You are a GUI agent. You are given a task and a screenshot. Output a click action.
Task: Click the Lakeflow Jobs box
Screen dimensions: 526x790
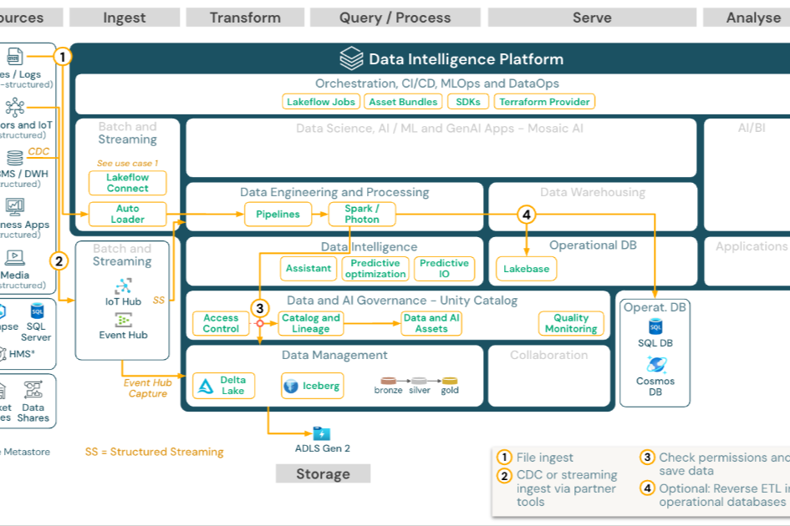[321, 102]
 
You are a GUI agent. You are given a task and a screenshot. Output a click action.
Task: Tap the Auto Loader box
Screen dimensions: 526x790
[128, 214]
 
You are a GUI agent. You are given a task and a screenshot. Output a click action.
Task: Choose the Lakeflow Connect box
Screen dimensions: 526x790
[128, 183]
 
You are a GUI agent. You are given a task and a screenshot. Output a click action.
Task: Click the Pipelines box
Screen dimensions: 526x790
[278, 214]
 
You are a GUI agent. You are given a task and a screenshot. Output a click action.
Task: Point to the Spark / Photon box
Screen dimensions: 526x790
[362, 214]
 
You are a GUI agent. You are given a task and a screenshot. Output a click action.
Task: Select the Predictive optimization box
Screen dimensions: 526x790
[375, 268]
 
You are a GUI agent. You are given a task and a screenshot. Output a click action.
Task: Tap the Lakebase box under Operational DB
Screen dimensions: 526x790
[527, 269]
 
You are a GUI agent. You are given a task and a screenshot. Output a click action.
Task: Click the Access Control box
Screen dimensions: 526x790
[221, 323]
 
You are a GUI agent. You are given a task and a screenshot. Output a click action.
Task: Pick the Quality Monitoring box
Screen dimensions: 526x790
[571, 323]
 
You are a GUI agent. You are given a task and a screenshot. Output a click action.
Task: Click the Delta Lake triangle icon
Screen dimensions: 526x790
[206, 386]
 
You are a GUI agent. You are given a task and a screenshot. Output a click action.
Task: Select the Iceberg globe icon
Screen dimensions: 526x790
[291, 386]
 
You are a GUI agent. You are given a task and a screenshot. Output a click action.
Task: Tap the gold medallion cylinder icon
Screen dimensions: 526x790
[450, 381]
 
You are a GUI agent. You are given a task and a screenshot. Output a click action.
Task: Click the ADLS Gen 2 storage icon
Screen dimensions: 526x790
[322, 432]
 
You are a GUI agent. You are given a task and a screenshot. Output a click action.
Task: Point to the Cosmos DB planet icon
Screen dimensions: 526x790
[655, 364]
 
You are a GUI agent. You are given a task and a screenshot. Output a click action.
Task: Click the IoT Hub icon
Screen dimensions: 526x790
[123, 286]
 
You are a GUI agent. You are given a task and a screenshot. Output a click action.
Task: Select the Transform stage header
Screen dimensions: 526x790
[245, 18]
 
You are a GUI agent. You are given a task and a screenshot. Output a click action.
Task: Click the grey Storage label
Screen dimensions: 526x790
[323, 473]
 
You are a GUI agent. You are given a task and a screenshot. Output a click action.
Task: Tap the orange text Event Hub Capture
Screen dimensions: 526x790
[148, 388]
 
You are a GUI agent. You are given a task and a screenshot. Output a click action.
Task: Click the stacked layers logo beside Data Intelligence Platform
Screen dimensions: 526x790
[350, 58]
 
